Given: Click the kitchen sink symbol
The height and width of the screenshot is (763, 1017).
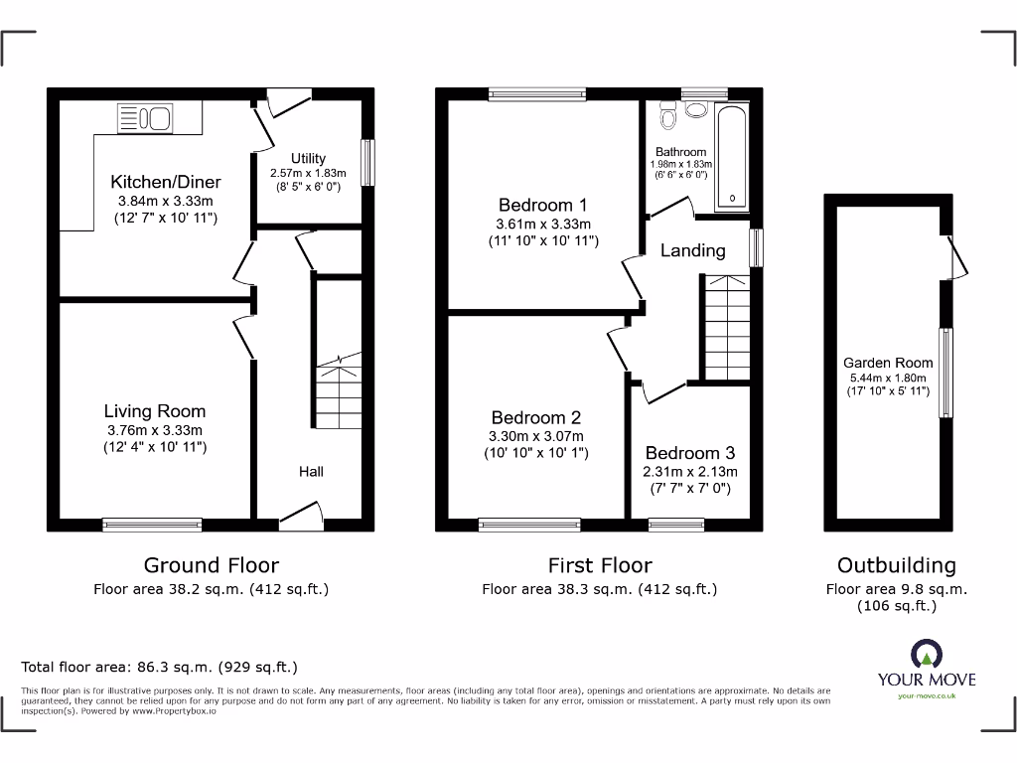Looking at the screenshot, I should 150,118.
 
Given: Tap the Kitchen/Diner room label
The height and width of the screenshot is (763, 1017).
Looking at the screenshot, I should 166,182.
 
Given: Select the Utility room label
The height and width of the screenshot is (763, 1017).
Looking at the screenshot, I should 308,158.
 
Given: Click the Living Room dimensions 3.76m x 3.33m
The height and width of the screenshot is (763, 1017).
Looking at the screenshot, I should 155,430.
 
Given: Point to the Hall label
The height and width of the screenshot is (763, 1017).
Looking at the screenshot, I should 311,471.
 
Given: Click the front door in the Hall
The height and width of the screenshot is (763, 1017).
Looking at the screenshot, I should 302,514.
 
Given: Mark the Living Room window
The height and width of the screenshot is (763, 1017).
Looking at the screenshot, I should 152,521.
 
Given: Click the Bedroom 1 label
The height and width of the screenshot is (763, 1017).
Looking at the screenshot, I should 543,206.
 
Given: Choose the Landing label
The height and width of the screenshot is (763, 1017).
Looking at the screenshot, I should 693,250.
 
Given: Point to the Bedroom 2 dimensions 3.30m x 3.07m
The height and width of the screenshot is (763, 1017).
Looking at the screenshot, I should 536,436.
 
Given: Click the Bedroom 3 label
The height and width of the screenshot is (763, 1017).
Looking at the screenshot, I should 691,453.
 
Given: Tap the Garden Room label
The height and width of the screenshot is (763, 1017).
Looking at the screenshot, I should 888,363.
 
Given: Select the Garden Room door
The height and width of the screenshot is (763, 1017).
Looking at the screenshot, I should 954,256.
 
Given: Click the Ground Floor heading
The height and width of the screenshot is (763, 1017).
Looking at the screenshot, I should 212,565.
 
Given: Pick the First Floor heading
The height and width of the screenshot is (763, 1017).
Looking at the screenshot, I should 600,565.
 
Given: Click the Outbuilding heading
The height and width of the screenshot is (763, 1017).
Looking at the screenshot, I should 896,565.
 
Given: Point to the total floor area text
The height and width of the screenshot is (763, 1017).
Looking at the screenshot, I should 160,667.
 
